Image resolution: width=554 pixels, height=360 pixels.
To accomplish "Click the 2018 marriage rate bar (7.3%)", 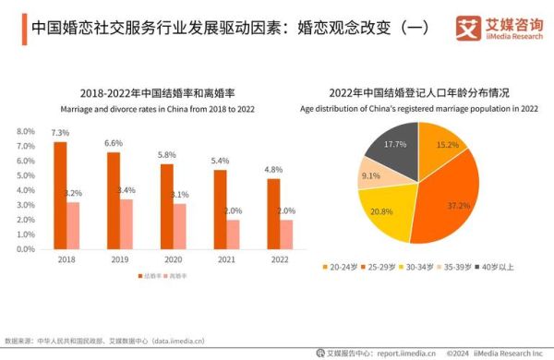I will click(60, 194).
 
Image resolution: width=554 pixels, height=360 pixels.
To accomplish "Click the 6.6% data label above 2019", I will click(114, 143).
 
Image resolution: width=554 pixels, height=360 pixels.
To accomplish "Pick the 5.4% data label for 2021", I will click(220, 161).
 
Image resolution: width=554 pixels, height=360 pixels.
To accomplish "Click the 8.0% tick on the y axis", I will click(25, 131).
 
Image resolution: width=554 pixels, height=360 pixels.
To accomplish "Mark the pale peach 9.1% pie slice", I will click(374, 174).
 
